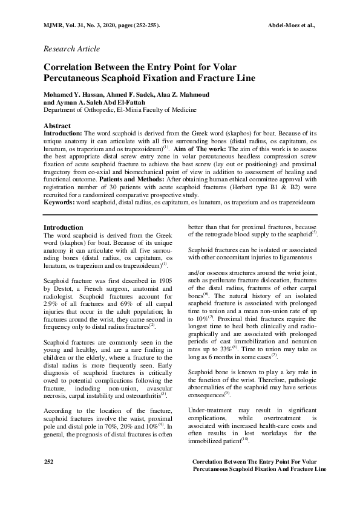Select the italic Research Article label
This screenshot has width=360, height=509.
pyautogui.click(x=72, y=49)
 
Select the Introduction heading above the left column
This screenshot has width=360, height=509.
pyautogui.click(x=64, y=227)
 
